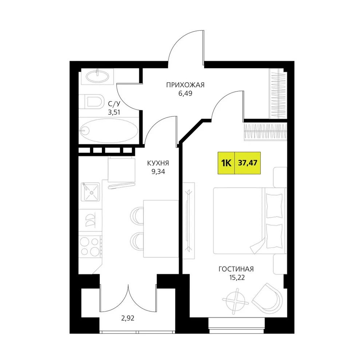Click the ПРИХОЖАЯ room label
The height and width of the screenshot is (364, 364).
point(185,85)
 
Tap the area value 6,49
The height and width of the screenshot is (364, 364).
point(185,93)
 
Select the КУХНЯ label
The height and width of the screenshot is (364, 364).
point(158,163)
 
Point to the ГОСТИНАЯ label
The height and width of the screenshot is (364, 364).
point(236,269)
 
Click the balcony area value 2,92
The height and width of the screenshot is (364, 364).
point(128,318)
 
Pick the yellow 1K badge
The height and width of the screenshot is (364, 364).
point(226,163)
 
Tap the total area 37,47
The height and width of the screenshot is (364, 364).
point(248,163)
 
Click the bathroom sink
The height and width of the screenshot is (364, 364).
point(98,76)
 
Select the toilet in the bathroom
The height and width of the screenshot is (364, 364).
point(91,102)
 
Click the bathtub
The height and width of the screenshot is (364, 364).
point(108,131)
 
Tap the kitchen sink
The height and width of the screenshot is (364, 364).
point(90,192)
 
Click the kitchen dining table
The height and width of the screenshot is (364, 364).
point(161,229)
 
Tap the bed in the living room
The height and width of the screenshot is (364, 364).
point(250,221)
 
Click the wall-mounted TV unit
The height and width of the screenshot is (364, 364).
point(189,221)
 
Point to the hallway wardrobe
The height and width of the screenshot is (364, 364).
point(278,94)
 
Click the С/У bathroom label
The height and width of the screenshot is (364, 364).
point(114,103)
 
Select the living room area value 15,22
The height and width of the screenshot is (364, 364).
point(237,277)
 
